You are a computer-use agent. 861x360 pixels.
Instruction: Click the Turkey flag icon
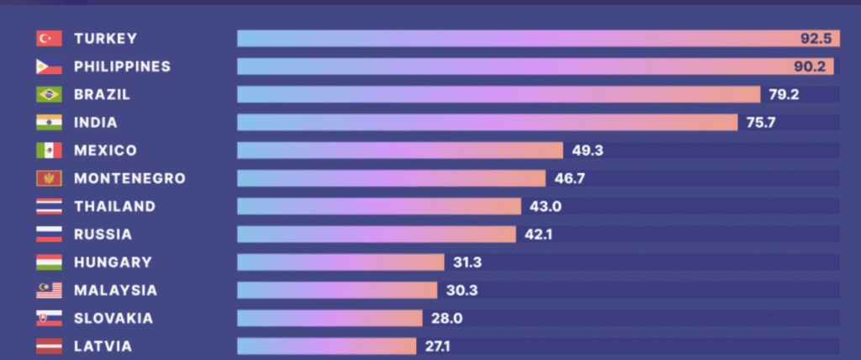click(x=49, y=39)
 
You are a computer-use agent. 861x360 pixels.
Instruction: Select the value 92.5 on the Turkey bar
click(x=815, y=39)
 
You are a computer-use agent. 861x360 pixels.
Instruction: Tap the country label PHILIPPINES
click(x=122, y=66)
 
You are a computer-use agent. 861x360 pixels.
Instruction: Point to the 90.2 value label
click(x=815, y=66)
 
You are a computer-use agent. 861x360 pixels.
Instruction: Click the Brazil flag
click(x=49, y=95)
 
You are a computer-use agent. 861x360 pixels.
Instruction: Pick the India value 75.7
click(x=760, y=123)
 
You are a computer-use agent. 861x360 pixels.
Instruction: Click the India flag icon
click(x=49, y=123)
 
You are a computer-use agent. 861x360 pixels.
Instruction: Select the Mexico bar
click(x=399, y=151)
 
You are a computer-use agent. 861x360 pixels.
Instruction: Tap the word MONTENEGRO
click(x=129, y=178)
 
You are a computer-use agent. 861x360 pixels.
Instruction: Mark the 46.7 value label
click(x=569, y=178)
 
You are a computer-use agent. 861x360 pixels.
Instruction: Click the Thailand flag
click(x=49, y=206)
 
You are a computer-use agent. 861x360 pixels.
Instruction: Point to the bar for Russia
click(x=376, y=234)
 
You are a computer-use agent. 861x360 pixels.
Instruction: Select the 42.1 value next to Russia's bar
click(x=538, y=234)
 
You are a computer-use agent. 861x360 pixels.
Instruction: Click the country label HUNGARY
click(x=113, y=262)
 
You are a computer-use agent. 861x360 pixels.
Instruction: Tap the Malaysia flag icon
click(x=49, y=290)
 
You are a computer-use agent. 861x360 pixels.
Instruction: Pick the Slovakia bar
click(x=329, y=318)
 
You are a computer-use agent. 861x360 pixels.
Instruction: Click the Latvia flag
click(x=49, y=346)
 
